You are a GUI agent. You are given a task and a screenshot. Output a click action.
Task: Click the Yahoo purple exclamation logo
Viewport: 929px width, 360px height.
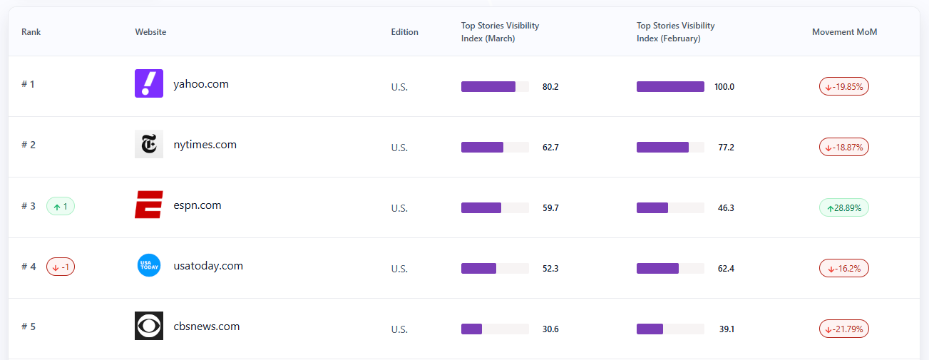click(x=149, y=83)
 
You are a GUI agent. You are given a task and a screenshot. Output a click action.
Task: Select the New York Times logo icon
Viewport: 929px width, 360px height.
click(x=149, y=144)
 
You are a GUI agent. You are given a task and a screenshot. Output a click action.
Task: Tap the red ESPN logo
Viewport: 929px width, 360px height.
click(x=149, y=205)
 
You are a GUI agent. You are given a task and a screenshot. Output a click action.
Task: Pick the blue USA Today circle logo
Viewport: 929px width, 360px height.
click(x=149, y=265)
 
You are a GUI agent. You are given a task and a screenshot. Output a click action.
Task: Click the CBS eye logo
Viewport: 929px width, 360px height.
click(x=149, y=326)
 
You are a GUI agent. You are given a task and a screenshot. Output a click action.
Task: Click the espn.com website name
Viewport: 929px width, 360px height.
click(x=197, y=205)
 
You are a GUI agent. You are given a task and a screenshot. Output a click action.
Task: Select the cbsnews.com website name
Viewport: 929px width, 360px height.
click(x=207, y=326)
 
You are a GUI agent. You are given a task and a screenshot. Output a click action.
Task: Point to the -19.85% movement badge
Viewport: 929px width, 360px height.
click(x=844, y=86)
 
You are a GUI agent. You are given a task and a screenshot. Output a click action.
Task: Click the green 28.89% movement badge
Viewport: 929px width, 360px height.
click(x=844, y=207)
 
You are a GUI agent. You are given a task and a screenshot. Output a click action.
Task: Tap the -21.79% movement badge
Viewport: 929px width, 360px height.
click(x=844, y=329)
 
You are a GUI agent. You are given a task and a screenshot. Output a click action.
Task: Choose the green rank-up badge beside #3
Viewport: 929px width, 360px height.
click(x=61, y=206)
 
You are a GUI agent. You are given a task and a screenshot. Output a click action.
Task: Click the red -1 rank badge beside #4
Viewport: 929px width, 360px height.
click(x=61, y=267)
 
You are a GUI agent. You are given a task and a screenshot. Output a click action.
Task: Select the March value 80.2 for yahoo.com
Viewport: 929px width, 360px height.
click(x=550, y=87)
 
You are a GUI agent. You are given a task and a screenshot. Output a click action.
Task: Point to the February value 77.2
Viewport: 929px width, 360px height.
click(x=726, y=148)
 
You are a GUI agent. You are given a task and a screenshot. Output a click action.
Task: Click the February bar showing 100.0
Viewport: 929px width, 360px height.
click(x=670, y=87)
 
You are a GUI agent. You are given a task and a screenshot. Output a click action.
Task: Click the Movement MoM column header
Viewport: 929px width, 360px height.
click(x=844, y=32)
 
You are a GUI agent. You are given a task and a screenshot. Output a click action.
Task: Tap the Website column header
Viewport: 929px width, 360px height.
click(x=150, y=32)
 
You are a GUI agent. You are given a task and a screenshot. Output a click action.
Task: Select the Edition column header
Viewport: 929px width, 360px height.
click(x=404, y=32)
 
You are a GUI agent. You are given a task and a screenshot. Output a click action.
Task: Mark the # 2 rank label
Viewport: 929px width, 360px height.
click(x=29, y=145)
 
